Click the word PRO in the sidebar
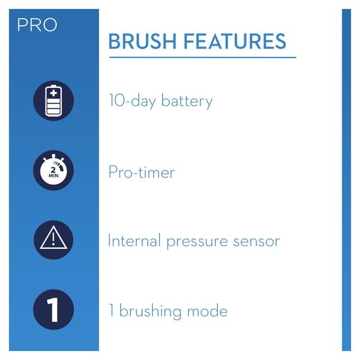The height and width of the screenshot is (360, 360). pyautogui.click(x=37, y=25)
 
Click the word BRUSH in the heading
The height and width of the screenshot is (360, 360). pyautogui.click(x=142, y=42)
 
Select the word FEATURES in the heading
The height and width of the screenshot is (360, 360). pyautogui.click(x=234, y=42)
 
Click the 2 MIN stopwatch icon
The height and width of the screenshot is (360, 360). pyautogui.click(x=54, y=172)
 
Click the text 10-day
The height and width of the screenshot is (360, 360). pyautogui.click(x=130, y=101)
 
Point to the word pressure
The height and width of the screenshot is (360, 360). pyautogui.click(x=195, y=242)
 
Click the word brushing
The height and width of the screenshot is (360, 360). pyautogui.click(x=150, y=311)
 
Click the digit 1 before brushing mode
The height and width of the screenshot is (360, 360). pyautogui.click(x=111, y=311)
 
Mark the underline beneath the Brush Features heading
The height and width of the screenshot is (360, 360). pyautogui.click(x=202, y=57)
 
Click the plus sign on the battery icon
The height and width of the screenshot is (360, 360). pyautogui.click(x=54, y=93)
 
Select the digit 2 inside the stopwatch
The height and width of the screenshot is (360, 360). pyautogui.click(x=54, y=169)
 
